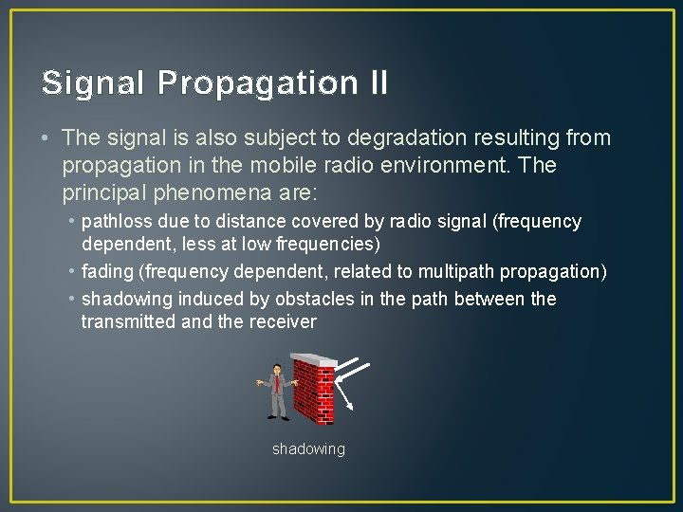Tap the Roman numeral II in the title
(x=376, y=83)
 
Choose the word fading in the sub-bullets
(x=107, y=272)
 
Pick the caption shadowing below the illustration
(x=308, y=449)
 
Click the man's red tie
(x=278, y=383)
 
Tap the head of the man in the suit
(x=276, y=369)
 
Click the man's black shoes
(x=278, y=417)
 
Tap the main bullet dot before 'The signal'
(x=46, y=138)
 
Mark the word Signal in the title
(x=94, y=83)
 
